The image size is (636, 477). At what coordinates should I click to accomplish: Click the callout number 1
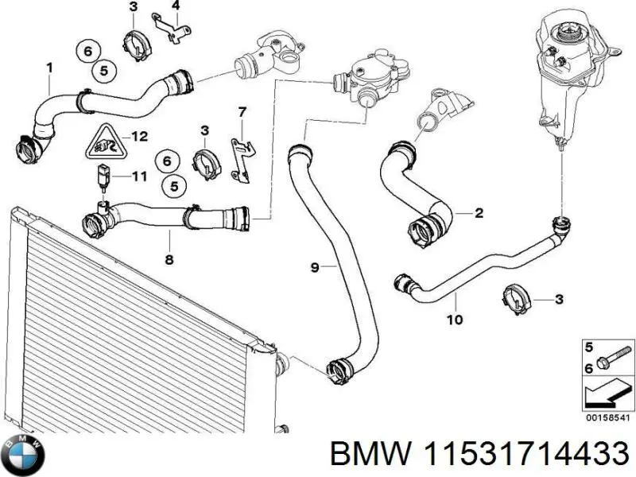49,69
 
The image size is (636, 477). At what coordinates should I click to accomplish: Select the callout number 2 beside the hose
479,213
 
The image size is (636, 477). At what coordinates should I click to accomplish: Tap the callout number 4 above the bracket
176,6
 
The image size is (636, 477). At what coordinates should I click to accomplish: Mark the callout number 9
314,268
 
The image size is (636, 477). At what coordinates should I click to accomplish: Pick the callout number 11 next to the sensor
138,176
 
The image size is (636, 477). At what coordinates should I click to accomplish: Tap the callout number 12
139,137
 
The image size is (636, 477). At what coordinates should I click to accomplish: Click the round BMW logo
24,455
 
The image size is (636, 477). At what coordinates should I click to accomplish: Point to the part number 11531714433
525,456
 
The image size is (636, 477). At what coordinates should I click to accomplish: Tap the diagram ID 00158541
607,416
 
